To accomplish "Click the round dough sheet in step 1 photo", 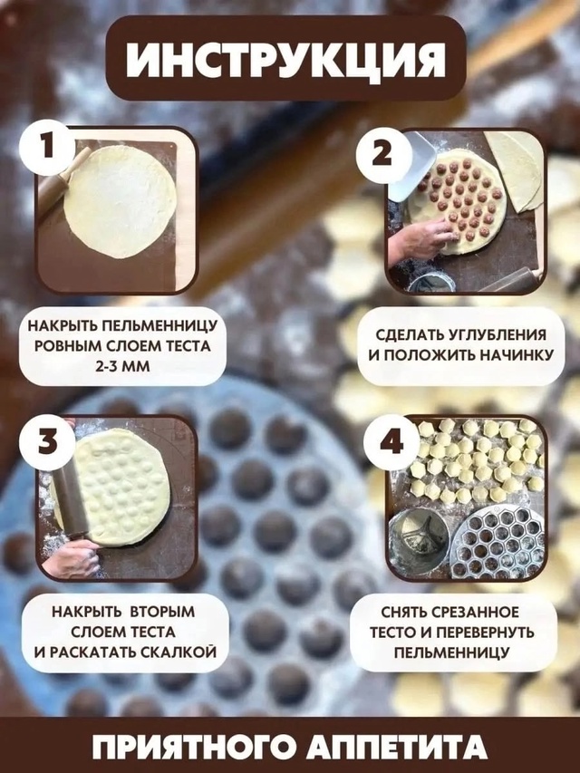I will (120, 202).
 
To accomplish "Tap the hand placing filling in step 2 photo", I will (422, 240).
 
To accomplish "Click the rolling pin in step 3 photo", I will (67, 495).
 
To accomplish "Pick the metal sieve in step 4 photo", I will (418, 540).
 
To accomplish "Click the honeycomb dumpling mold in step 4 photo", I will (498, 542).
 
